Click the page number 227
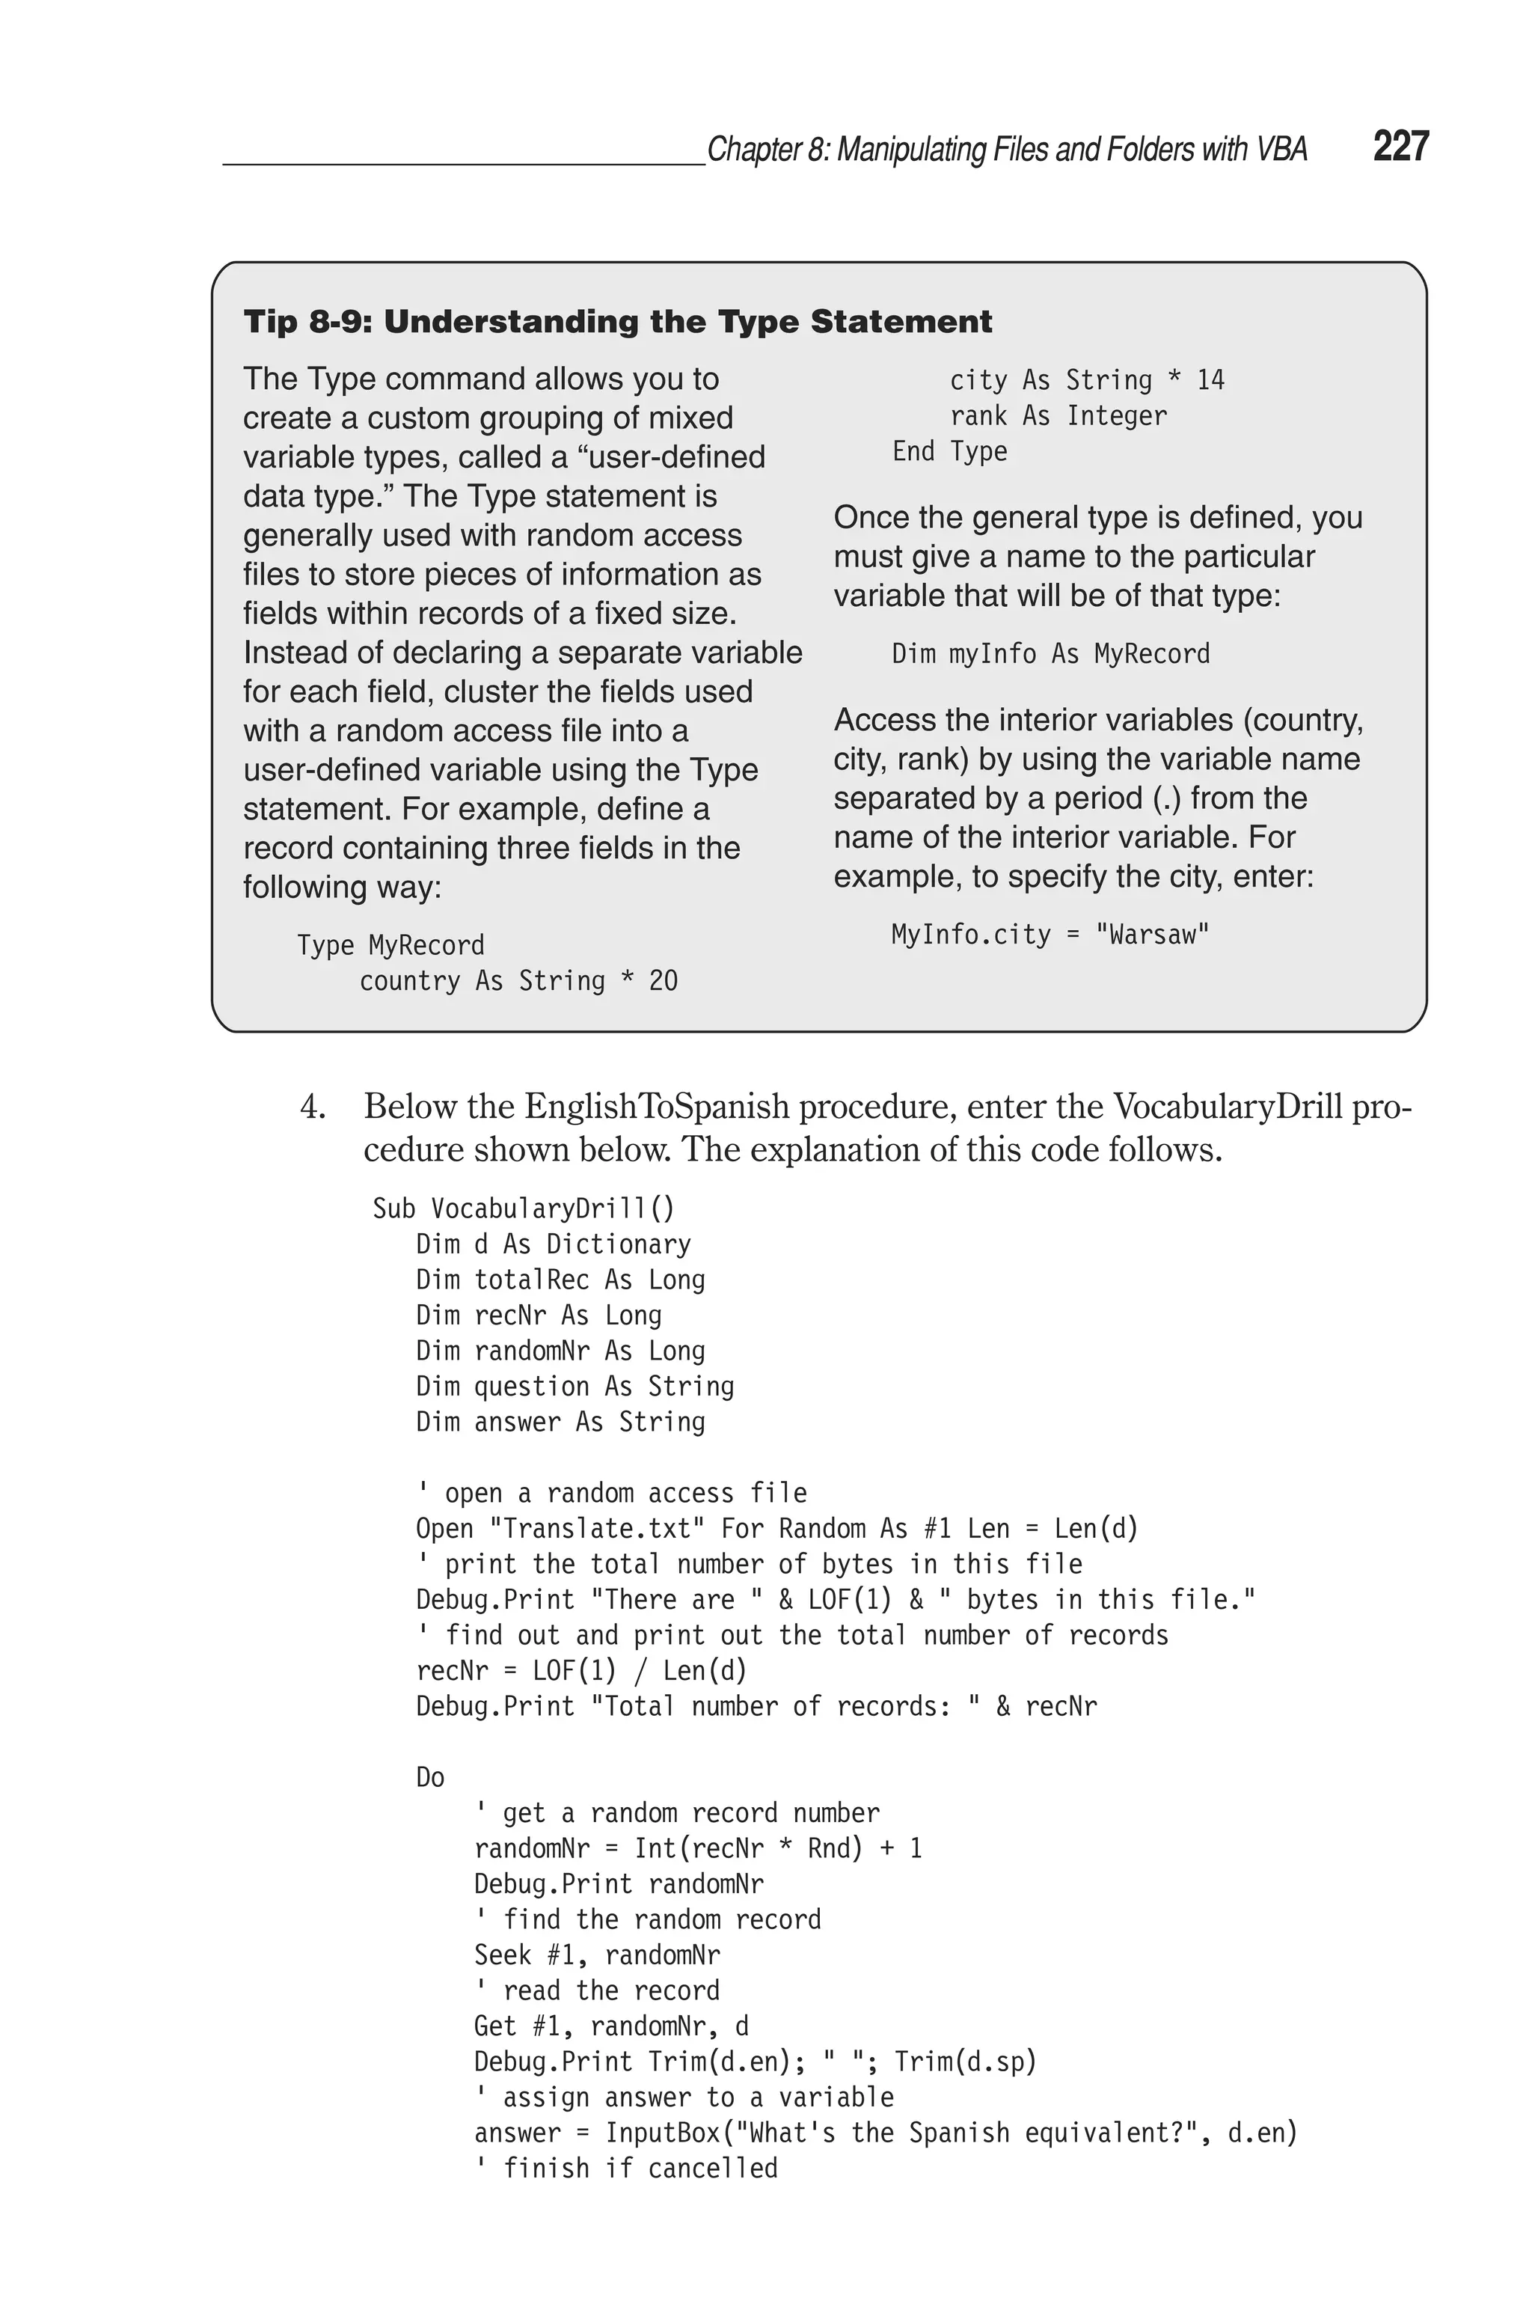[x=1400, y=147]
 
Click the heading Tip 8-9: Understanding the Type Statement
[x=617, y=323]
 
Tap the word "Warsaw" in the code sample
[x=1153, y=935]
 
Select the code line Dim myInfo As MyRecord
[x=1050, y=654]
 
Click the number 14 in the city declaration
[x=1210, y=380]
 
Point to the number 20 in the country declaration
[x=663, y=981]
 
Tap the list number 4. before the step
[x=312, y=1107]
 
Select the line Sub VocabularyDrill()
[x=524, y=1208]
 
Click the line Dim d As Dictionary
[x=553, y=1244]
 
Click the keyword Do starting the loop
[x=430, y=1777]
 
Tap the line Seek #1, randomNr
[x=597, y=1955]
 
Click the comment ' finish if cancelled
[x=626, y=2168]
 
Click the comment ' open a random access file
[x=612, y=1493]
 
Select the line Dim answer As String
[x=560, y=1422]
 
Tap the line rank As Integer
[x=1058, y=416]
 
